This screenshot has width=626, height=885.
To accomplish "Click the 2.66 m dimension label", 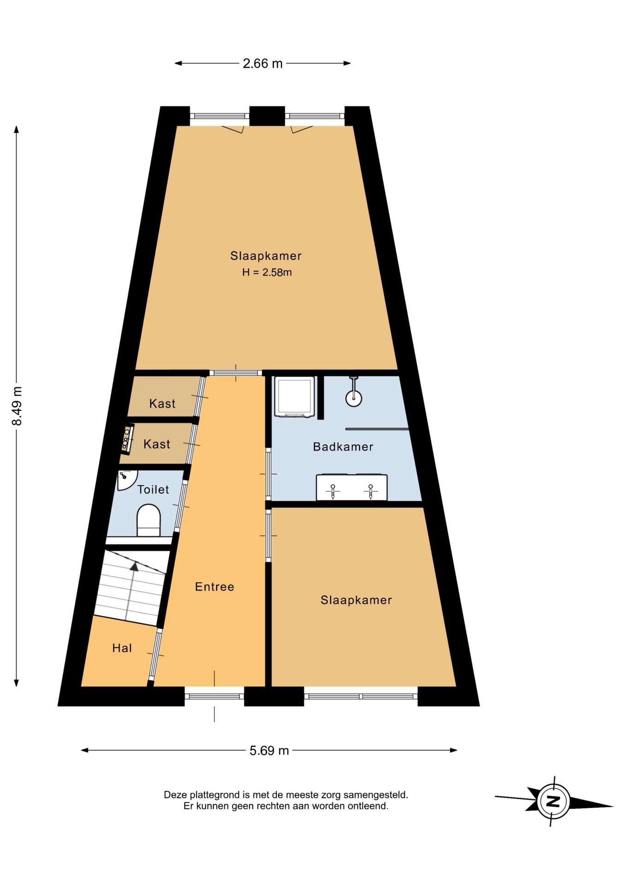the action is [262, 64].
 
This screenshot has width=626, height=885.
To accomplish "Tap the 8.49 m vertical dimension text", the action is [17, 406].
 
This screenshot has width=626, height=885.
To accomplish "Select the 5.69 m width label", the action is [269, 751].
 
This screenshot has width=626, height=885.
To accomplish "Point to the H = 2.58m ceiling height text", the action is [267, 272].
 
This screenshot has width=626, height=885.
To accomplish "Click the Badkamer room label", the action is [343, 447].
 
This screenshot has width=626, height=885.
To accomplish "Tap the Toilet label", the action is [153, 490].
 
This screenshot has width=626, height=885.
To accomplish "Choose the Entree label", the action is [214, 587].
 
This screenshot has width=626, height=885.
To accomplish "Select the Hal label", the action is [122, 648].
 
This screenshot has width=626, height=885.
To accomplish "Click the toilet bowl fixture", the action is [148, 520].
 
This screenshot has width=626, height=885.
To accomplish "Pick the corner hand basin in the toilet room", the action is [125, 478].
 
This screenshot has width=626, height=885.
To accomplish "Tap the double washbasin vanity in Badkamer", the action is [352, 487].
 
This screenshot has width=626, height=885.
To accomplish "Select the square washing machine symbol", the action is [295, 397].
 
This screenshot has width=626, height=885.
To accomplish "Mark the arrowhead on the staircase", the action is [134, 566].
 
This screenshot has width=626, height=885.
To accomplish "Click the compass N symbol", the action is [553, 801].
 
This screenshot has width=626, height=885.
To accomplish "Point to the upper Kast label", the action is [162, 404].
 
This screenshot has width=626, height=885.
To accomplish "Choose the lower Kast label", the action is [157, 444].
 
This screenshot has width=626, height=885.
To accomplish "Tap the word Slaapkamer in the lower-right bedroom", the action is [356, 600].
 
